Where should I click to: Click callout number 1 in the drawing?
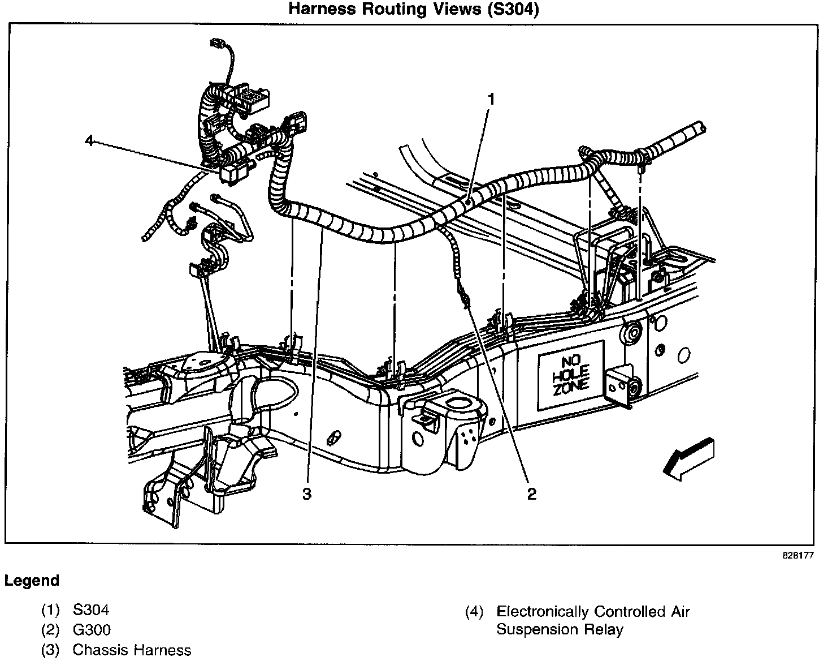coord(491,100)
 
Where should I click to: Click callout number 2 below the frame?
coord(532,493)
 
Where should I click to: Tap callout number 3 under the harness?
coord(306,493)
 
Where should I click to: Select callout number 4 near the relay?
coord(89,140)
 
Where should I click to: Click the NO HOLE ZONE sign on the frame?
coord(571,376)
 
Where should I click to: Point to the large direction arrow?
coord(688,460)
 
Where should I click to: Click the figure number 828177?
coord(798,555)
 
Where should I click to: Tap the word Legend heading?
coord(32,581)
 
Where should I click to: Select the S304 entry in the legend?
coord(91,610)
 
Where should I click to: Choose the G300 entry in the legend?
coord(92,630)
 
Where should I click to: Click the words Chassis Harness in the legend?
coord(132,650)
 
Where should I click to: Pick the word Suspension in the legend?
coord(537,630)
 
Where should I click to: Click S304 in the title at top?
coord(513,9)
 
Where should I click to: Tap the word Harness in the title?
coord(322,9)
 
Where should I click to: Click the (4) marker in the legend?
coord(474,612)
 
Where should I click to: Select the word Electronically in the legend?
coord(543,612)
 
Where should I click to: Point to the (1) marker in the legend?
coord(51,610)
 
